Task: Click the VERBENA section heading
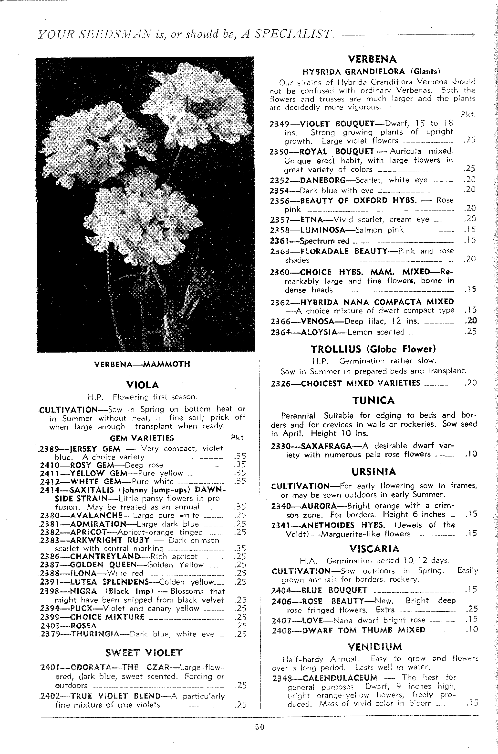372,59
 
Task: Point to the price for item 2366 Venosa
471,321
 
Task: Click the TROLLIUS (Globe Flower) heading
373,349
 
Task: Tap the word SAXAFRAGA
326,446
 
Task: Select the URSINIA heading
374,471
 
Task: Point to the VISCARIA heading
374,549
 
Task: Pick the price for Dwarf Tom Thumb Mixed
471,629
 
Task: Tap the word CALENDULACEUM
340,678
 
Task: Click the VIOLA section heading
143,385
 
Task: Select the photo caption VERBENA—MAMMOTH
142,364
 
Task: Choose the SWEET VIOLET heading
144,653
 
